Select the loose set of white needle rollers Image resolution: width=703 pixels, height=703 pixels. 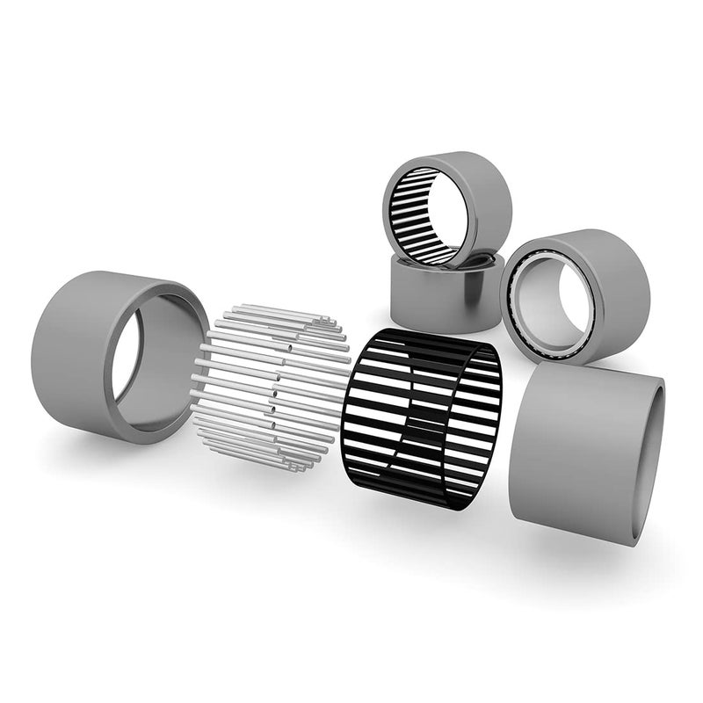pyautogui.click(x=268, y=387)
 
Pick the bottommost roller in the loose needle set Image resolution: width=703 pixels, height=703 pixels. pyautogui.click(x=264, y=466)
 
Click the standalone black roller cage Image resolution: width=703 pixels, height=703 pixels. pyautogui.click(x=422, y=417)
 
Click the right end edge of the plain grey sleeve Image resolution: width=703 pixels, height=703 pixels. pyautogui.click(x=651, y=457)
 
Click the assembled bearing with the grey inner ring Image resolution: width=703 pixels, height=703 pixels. pyautogui.click(x=576, y=294)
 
